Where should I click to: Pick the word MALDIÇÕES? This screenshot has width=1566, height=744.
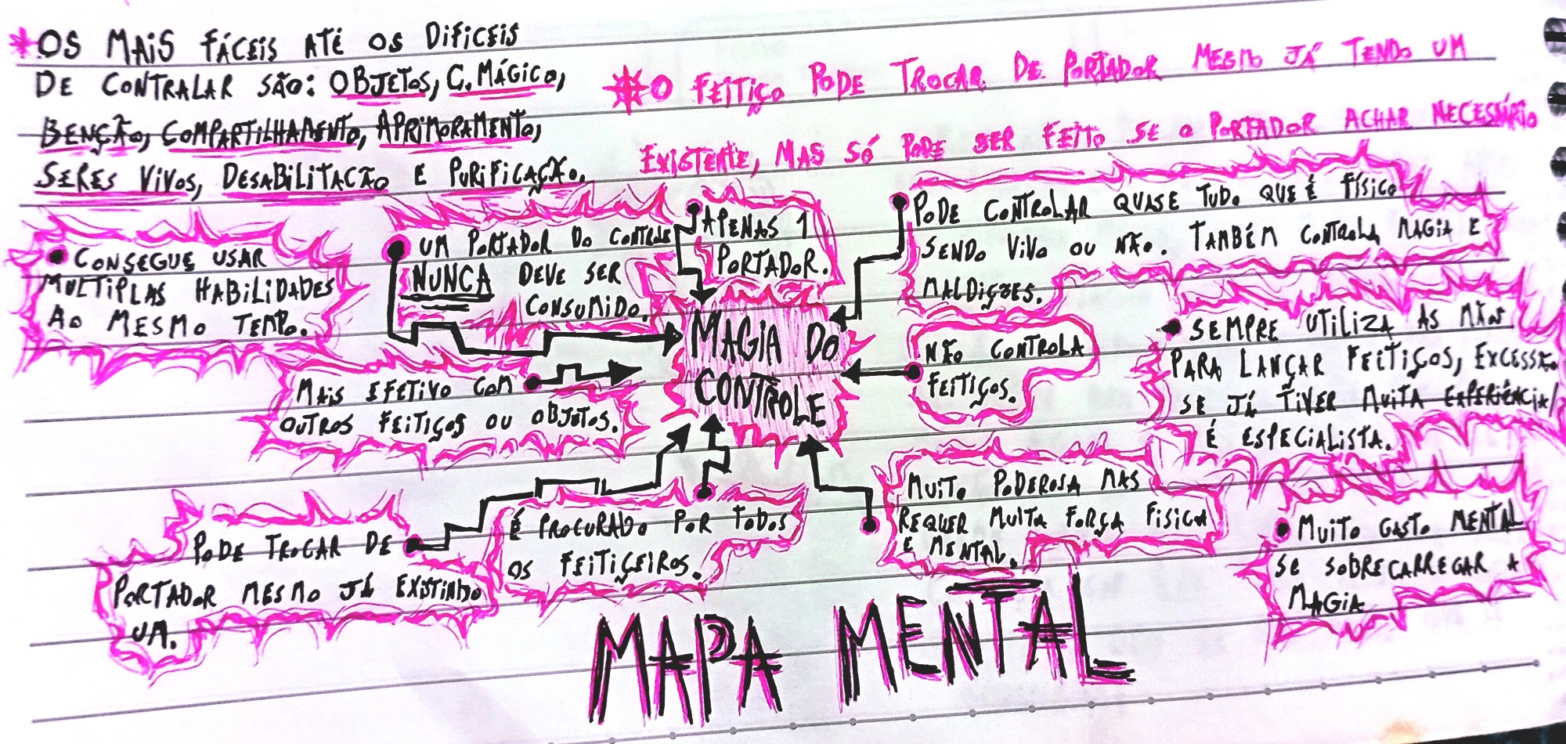tap(980, 291)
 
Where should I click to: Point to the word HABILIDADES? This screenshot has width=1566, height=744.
tap(263, 291)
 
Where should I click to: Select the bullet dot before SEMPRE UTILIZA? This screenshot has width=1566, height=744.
tap(1172, 328)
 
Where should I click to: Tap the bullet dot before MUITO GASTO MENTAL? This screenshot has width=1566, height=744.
tap(1282, 530)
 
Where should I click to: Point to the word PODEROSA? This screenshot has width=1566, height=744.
tap(1037, 486)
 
